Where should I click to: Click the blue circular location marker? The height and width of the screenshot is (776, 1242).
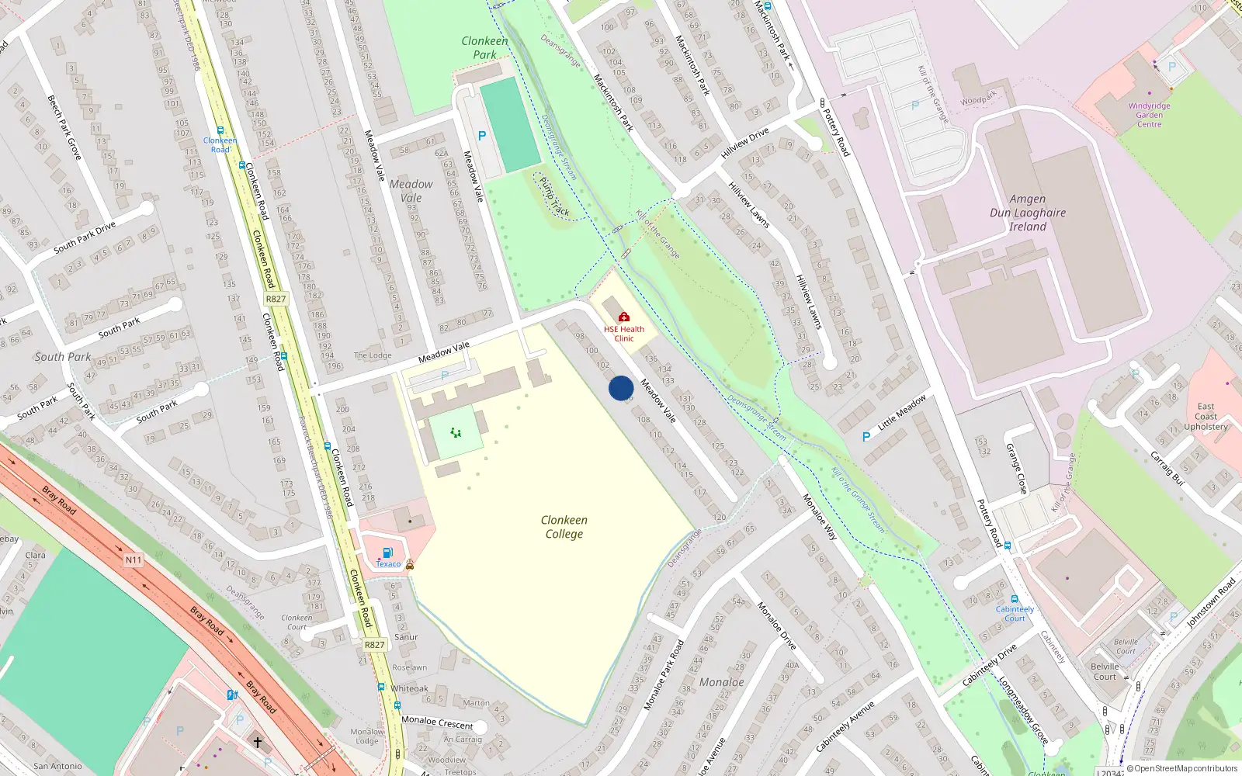[621, 388]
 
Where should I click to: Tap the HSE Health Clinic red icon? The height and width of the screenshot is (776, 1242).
[623, 317]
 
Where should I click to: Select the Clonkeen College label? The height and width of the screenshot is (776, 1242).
[564, 527]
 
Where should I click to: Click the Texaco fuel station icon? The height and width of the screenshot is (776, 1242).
[387, 553]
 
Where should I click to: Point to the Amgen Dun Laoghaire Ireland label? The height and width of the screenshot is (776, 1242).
[1028, 213]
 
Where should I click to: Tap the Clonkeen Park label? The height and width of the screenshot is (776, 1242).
[484, 47]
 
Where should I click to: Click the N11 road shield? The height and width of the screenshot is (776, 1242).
[134, 559]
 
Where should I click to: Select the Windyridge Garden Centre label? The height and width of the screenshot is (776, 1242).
[1150, 115]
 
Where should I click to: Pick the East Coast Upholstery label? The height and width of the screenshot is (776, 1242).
[1206, 417]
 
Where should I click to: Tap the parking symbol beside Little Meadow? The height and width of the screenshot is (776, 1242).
[866, 437]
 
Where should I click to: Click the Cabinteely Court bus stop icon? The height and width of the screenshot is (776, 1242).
[1014, 599]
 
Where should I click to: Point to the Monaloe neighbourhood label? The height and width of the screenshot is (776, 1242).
[722, 682]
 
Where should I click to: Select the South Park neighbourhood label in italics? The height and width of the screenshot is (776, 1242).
[63, 357]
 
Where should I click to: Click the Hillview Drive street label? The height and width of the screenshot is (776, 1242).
[744, 144]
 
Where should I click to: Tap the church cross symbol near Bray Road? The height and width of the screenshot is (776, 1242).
[258, 743]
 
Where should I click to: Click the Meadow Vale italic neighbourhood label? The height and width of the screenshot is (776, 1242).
[411, 191]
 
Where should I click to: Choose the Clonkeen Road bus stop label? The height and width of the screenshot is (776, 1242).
[220, 145]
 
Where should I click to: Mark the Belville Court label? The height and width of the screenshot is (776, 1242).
[1105, 671]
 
